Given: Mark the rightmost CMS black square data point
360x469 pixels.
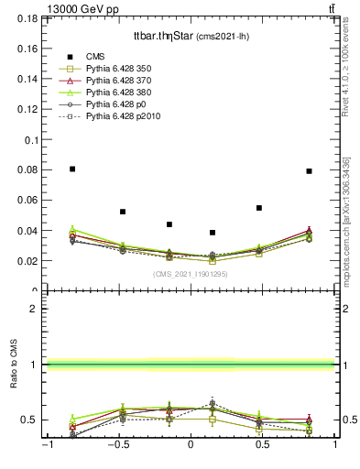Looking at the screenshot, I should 310,171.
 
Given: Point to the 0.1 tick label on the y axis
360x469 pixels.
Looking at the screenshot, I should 33,140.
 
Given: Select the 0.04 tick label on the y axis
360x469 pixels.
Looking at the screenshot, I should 29,231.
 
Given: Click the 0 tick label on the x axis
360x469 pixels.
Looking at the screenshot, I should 191,445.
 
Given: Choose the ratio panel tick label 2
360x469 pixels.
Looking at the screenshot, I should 35,309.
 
